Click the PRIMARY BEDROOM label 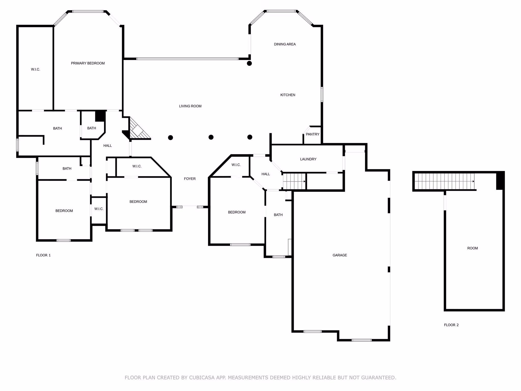point(88,63)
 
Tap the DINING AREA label point(285,44)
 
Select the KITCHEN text point(288,95)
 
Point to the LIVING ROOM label point(190,106)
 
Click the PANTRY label point(312,134)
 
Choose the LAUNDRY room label point(308,159)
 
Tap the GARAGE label point(340,255)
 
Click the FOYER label point(190,179)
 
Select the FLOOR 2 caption point(451,325)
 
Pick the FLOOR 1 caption point(43,255)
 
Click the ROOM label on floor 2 point(472,248)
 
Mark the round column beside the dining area point(249,63)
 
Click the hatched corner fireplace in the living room point(139,130)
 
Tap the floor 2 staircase point(444,181)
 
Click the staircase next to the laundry point(294,181)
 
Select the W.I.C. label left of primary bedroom point(35,69)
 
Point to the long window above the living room point(187,59)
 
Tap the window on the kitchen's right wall point(322,94)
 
